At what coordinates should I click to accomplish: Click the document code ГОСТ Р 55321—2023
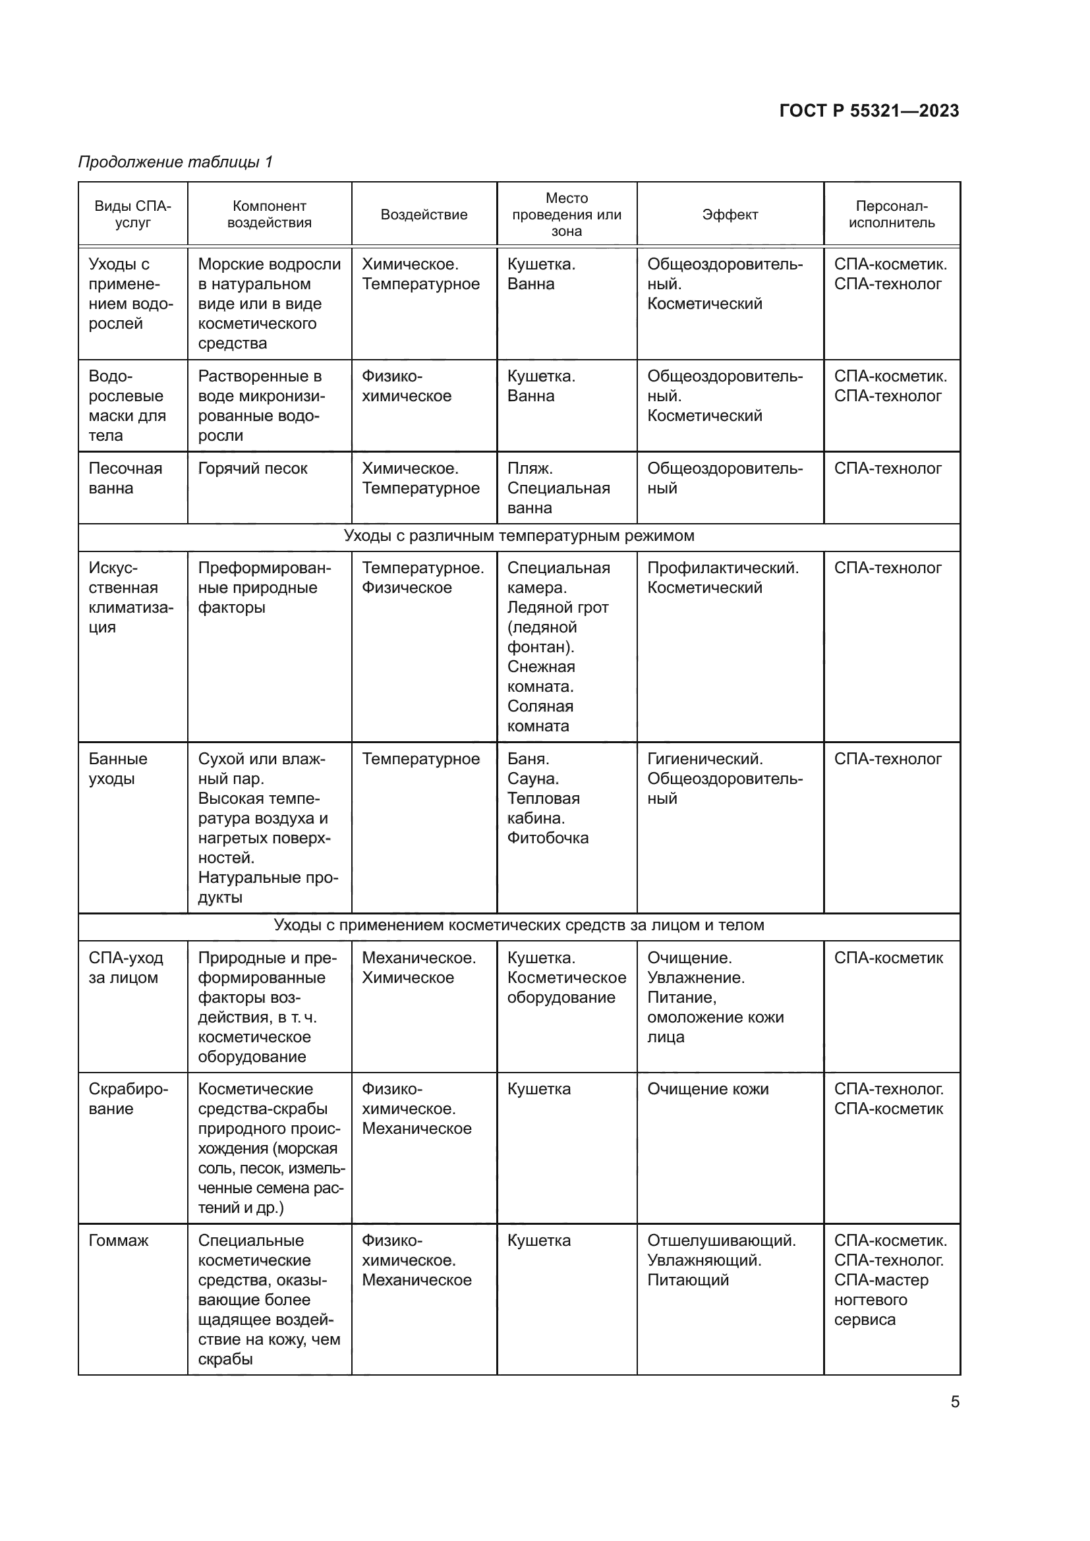coord(869,111)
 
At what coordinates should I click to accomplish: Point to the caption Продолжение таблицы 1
coord(175,162)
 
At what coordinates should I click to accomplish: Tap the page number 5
coord(954,1401)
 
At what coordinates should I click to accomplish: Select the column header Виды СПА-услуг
coord(132,214)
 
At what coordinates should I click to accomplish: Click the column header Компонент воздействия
coord(269,214)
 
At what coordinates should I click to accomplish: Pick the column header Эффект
coord(730,215)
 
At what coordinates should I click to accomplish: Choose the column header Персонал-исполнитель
coord(891,214)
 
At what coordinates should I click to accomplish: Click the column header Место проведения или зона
coord(567,215)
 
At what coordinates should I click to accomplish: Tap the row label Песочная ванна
coord(125,478)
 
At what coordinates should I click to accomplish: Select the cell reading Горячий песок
coord(252,468)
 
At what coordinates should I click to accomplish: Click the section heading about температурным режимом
coord(518,536)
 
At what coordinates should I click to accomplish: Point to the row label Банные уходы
coord(117,768)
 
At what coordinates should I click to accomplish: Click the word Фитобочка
coord(548,837)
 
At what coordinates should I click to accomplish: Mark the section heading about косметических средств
coord(518,925)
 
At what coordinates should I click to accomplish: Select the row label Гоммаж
coord(118,1241)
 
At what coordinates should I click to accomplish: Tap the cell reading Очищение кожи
coord(707,1088)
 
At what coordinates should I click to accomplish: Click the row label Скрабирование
coord(128,1099)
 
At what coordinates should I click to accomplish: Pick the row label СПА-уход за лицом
coord(125,967)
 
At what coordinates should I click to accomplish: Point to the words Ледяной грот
coord(557,607)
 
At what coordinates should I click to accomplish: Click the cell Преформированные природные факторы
coord(264,587)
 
